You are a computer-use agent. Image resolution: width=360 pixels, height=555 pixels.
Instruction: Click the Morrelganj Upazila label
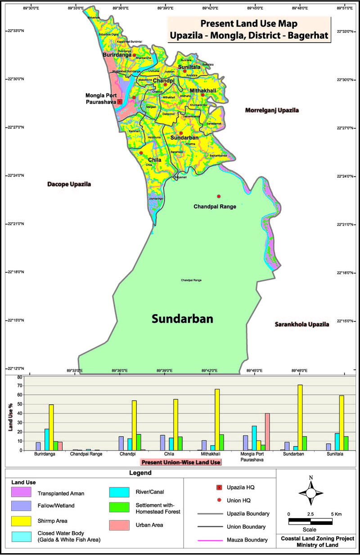tap(272, 110)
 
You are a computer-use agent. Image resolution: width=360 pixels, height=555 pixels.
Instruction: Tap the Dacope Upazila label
tap(69, 184)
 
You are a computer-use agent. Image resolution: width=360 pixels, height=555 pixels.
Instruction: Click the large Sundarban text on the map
tap(182, 319)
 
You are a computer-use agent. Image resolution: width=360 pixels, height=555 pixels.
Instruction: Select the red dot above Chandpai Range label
tap(219, 196)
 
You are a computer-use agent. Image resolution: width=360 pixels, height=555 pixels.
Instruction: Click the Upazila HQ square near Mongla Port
tap(120, 102)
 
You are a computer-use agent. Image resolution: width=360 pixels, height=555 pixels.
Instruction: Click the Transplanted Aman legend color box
tap(21, 492)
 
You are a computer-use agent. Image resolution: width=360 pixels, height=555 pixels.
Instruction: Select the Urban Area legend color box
tap(120, 525)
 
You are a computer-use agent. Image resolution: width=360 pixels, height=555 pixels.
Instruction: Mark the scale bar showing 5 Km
tap(310, 522)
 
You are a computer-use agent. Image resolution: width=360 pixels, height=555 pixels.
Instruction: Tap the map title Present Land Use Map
tap(249, 23)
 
